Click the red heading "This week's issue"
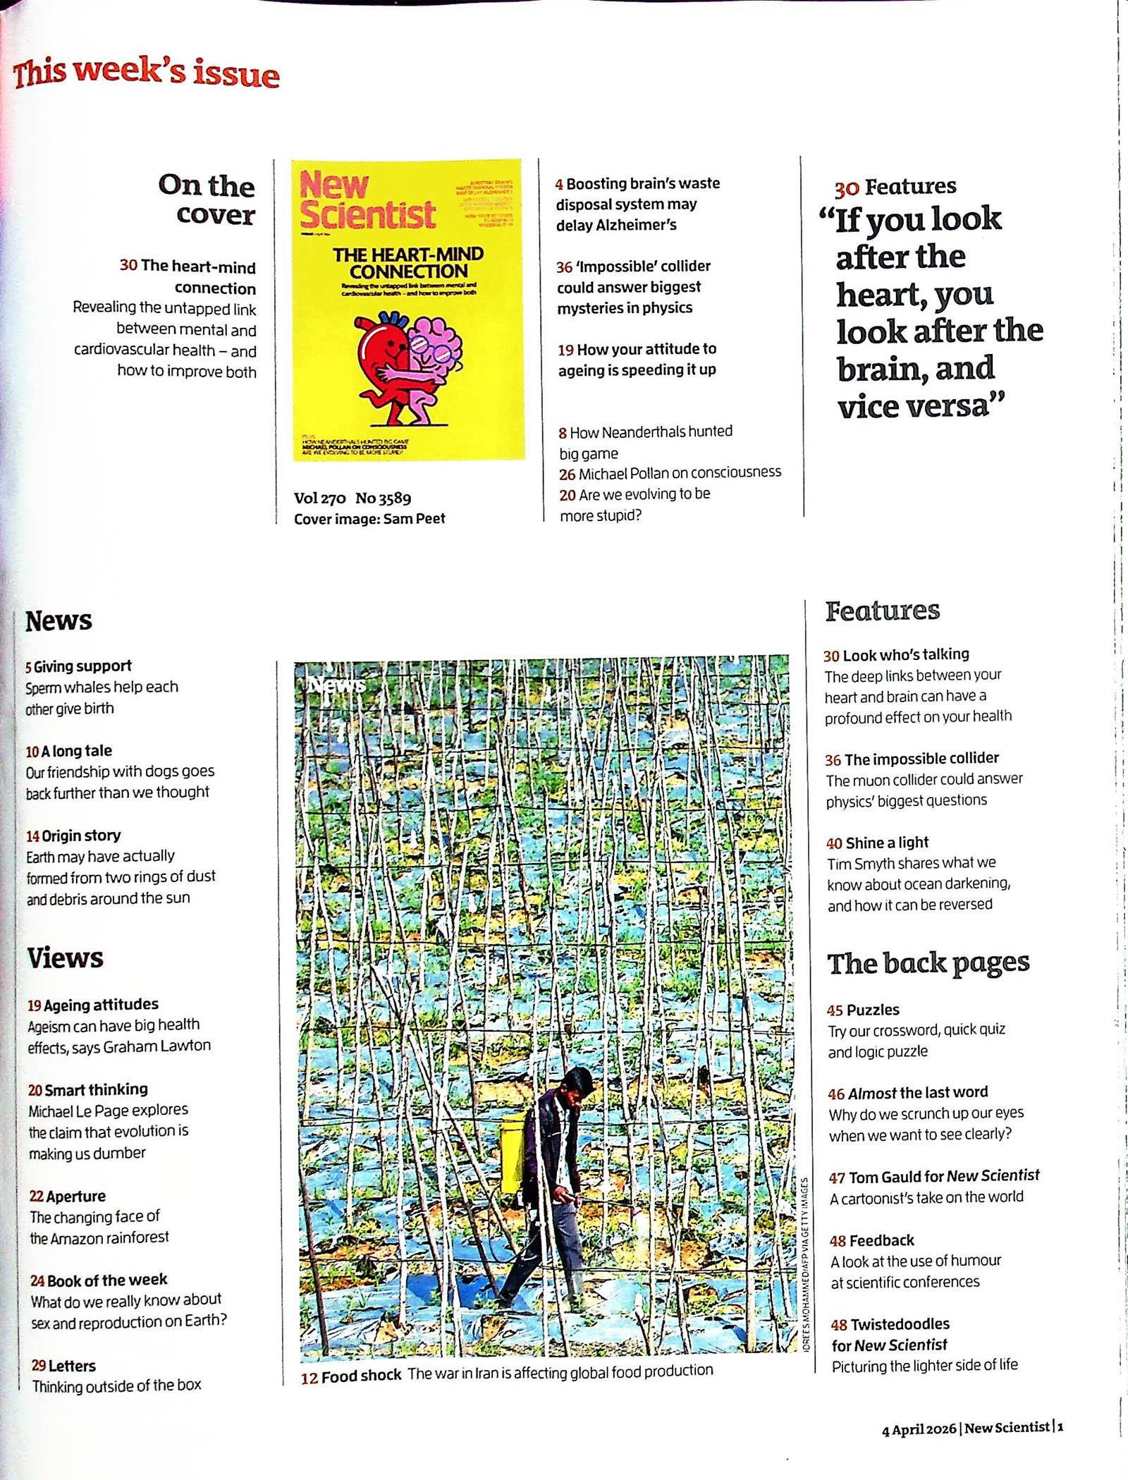(146, 73)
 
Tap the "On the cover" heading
(206, 200)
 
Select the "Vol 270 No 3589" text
(352, 499)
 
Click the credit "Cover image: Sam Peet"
(369, 519)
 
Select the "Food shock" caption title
(360, 1376)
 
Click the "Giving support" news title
(82, 666)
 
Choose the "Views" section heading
(65, 958)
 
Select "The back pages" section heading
(928, 963)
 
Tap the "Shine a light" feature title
(887, 843)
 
